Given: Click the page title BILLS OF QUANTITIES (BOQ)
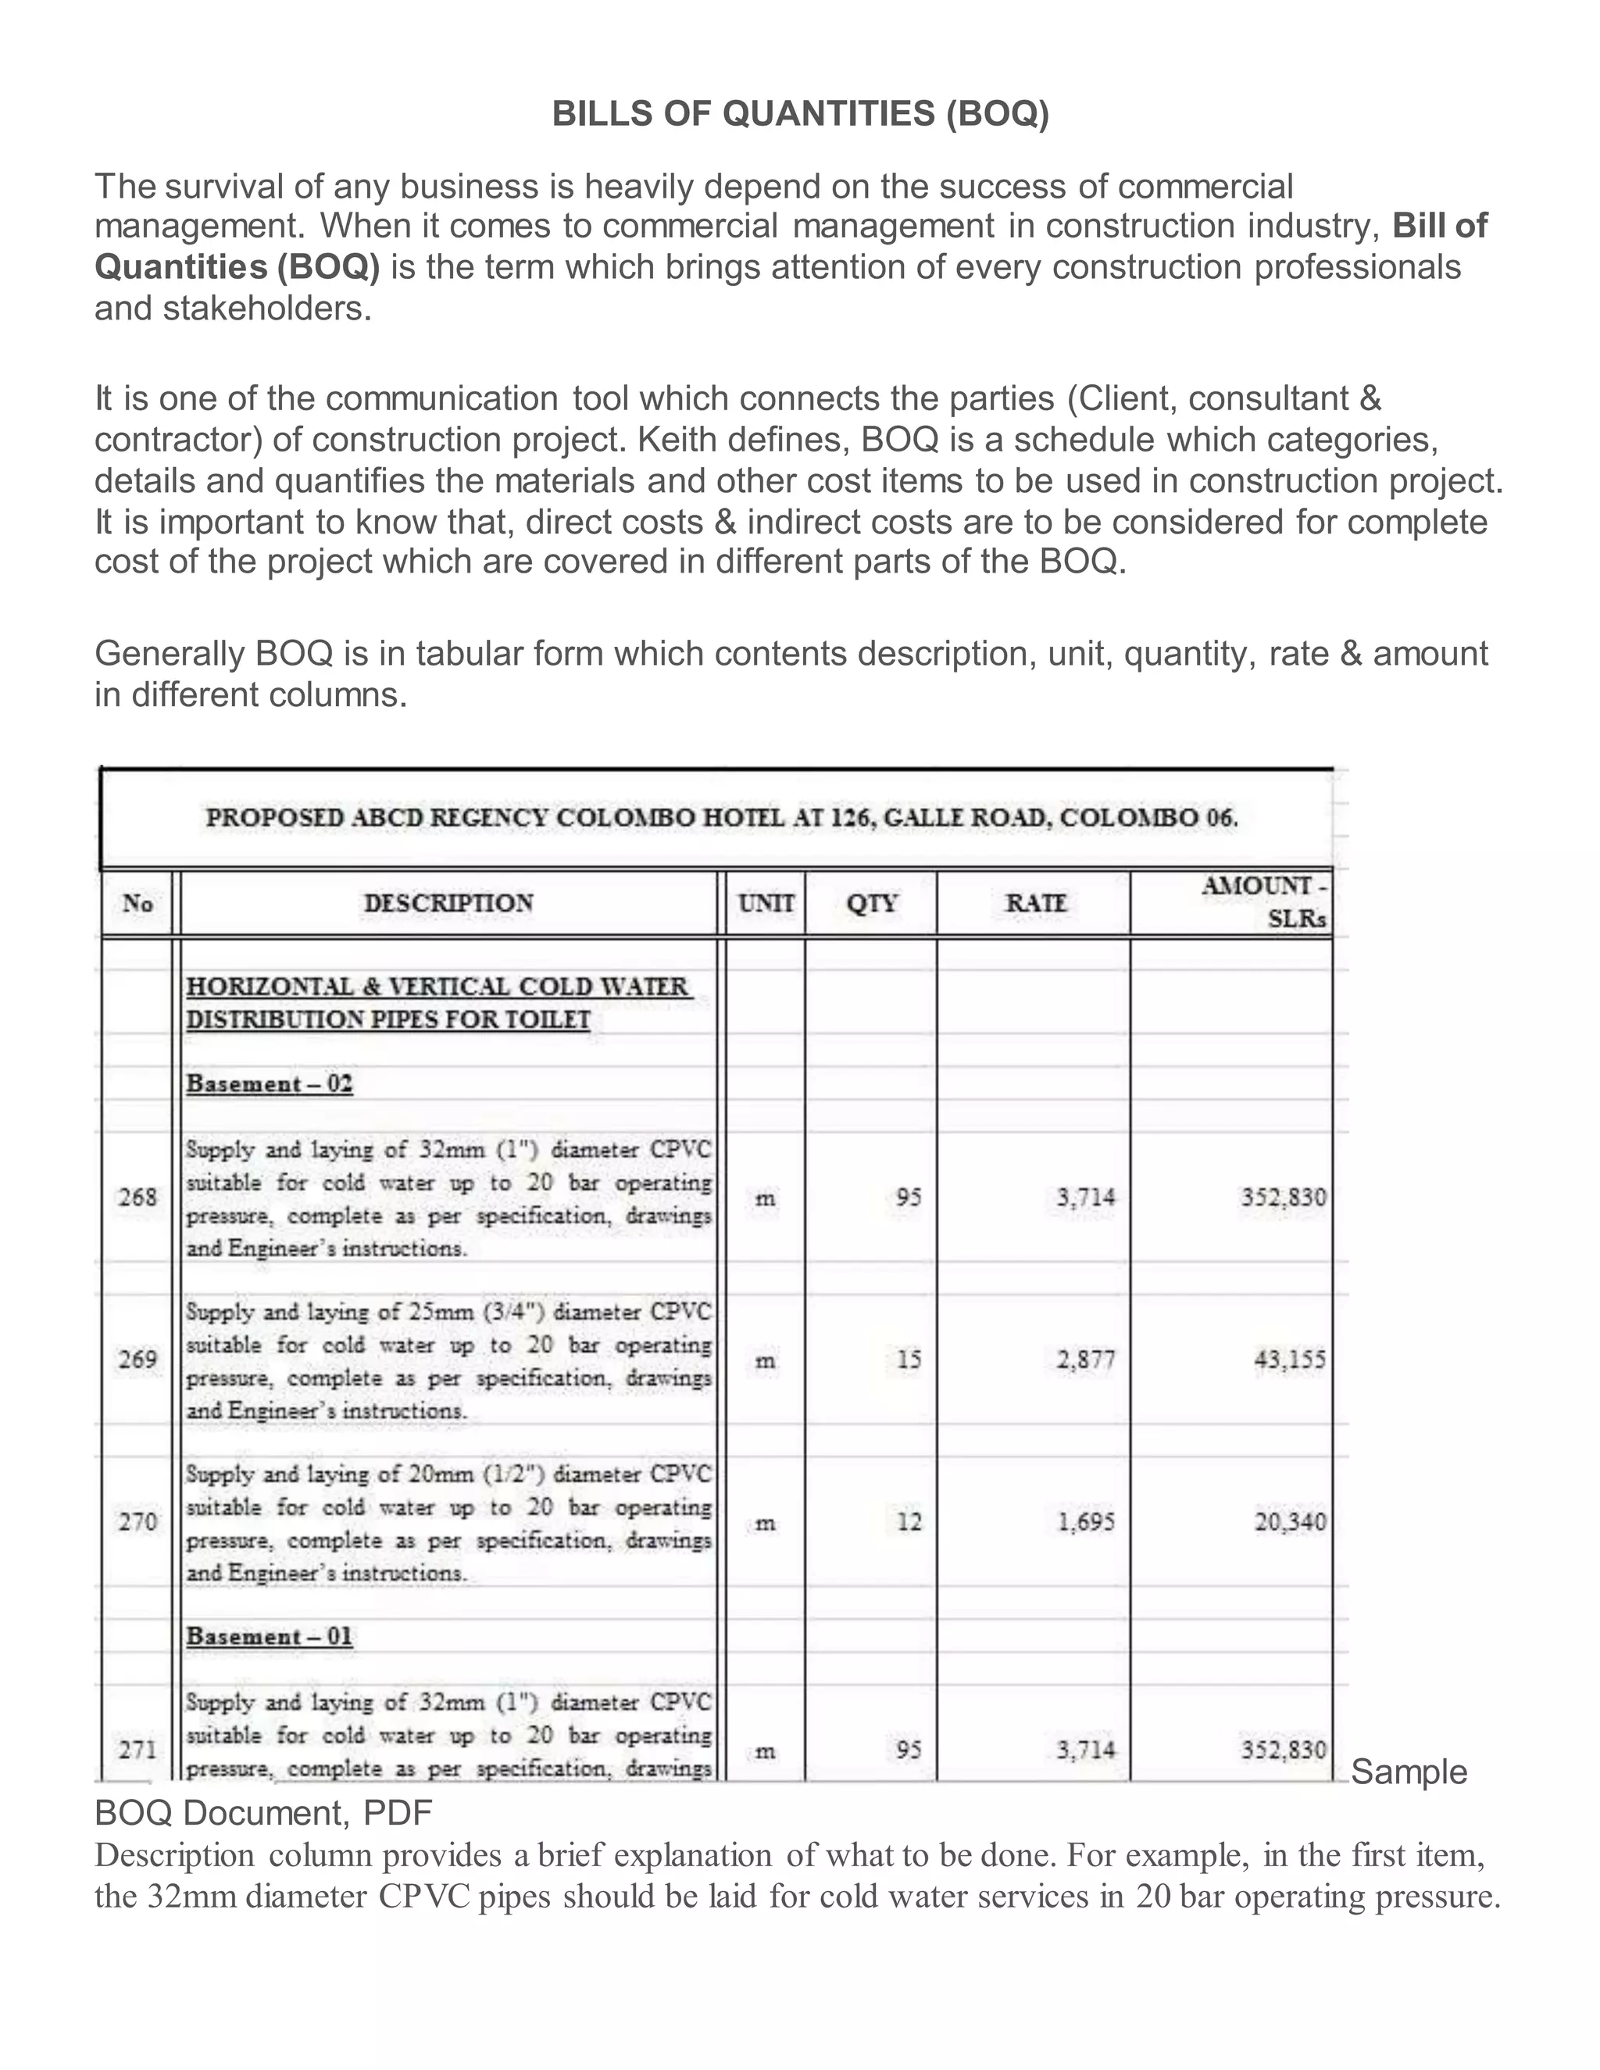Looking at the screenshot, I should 800,115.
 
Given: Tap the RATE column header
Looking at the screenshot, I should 1035,903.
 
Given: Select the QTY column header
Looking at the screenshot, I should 871,903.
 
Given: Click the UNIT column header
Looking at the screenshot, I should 766,903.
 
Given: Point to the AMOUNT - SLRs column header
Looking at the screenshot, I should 1265,902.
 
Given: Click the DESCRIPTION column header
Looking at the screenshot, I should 448,903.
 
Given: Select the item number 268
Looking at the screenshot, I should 137,1197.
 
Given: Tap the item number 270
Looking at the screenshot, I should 137,1522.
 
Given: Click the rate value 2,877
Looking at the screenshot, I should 1085,1360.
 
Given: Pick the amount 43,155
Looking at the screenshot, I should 1290,1360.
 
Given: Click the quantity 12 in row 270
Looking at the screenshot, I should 908,1522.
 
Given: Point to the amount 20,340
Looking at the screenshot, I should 1290,1522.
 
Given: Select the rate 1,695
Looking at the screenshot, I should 1085,1522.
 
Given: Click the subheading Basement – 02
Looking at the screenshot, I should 270,1084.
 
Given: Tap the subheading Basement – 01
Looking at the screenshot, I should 270,1636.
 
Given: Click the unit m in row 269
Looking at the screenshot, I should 764,1361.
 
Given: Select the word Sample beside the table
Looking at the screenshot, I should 1409,1772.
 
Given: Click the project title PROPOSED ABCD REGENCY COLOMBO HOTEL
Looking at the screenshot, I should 721,818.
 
